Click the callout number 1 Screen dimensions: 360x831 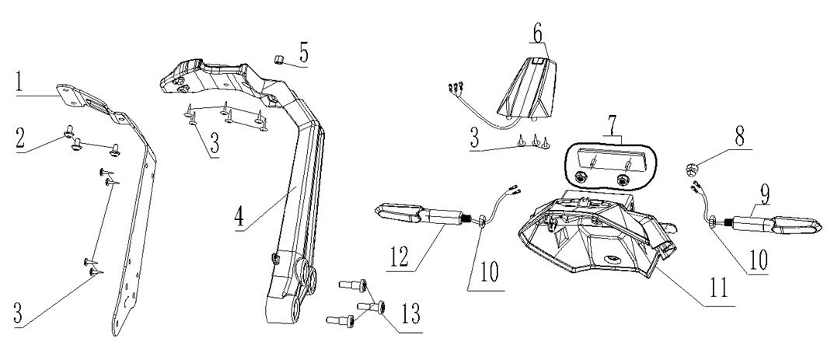click(23, 82)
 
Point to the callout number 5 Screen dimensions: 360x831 click(303, 56)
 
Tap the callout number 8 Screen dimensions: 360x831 click(738, 134)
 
